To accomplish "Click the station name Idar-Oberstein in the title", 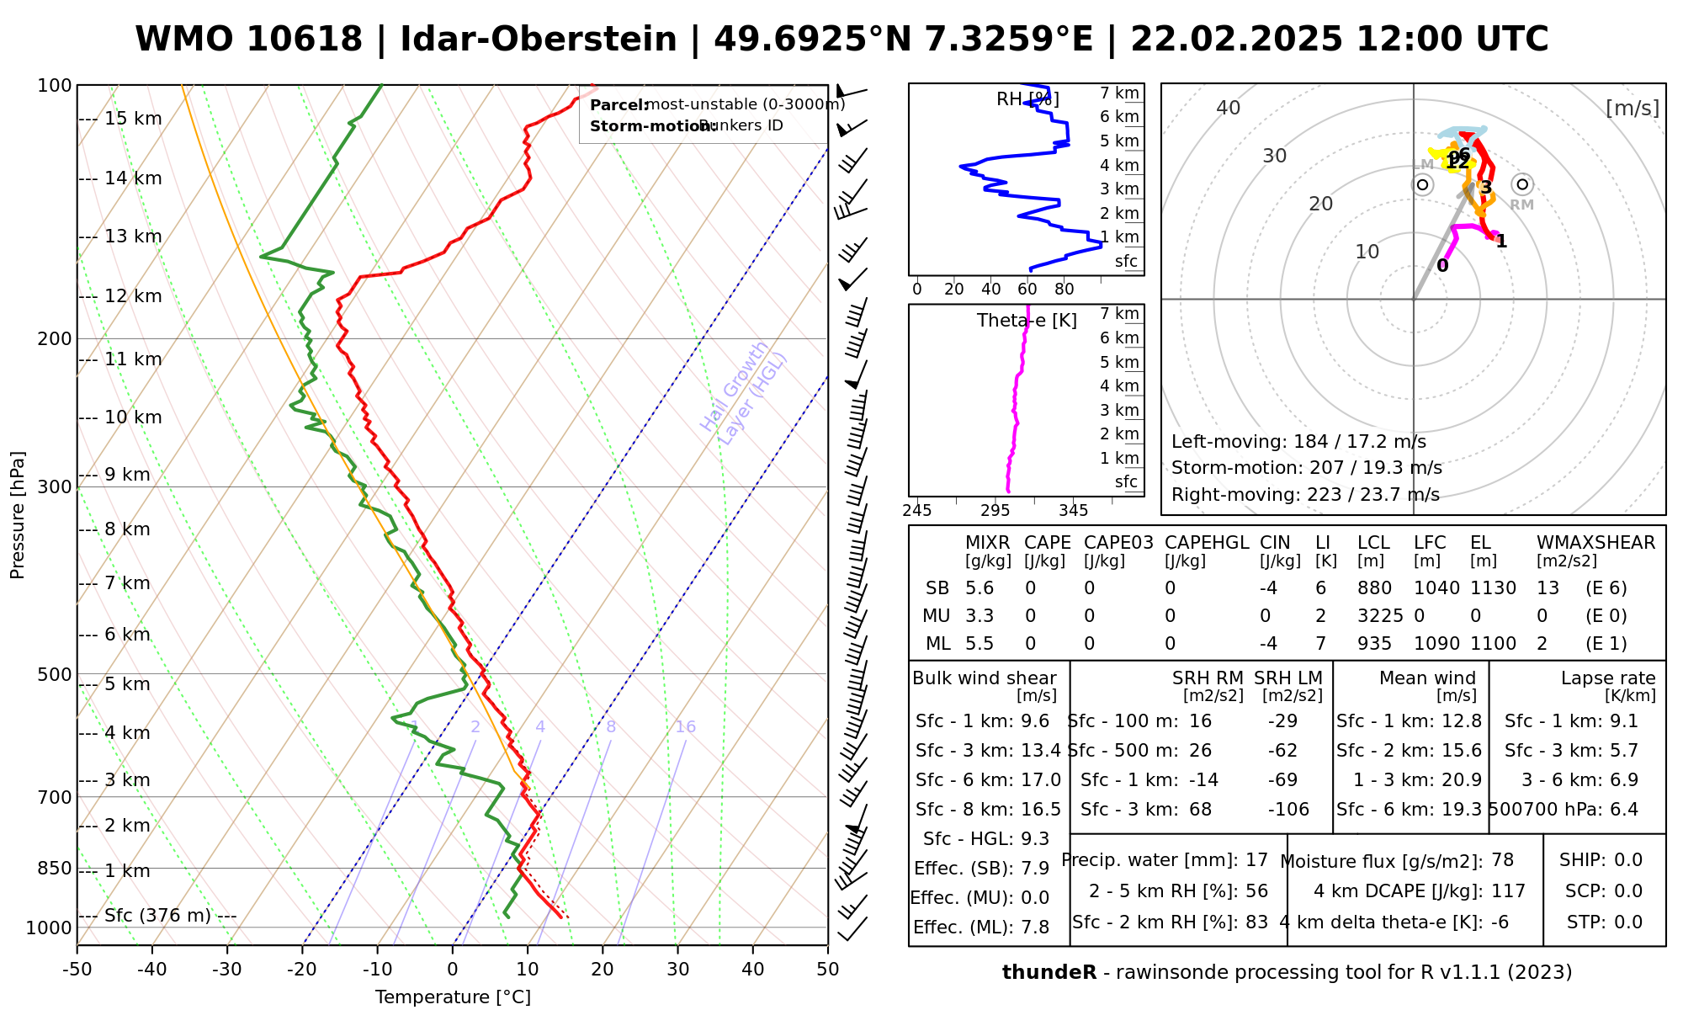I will pos(538,40).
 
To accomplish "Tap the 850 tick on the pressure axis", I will pos(56,868).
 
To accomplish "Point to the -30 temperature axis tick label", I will pos(227,970).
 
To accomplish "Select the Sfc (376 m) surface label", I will pos(157,916).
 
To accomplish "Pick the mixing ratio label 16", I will pos(686,727).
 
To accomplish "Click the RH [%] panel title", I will pos(1027,99).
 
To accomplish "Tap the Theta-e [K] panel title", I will pos(1027,321).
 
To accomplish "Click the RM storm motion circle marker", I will pos(1521,184).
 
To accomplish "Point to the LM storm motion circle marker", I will pos(1422,184).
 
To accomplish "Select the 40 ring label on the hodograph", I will pos(1229,108).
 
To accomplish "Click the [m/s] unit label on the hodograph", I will pos(1632,108).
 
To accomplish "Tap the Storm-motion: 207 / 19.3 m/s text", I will pos(1306,468).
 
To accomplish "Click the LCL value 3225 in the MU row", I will pos(1380,616).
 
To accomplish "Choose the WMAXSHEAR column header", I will pos(1595,543).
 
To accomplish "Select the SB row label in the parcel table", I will pos(937,588).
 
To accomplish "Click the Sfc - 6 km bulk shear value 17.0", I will pos(1041,780).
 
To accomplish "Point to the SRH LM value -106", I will pos(1288,810).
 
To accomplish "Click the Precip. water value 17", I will pos(1256,860).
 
